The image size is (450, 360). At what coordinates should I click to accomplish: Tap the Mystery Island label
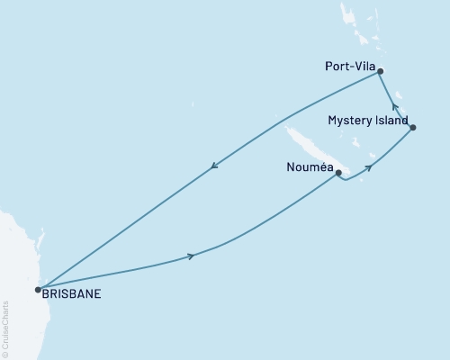(x=367, y=120)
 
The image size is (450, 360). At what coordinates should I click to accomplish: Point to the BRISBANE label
(x=71, y=292)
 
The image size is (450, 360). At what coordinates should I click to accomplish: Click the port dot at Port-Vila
(x=381, y=71)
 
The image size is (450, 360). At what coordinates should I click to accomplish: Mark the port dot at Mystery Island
(x=413, y=128)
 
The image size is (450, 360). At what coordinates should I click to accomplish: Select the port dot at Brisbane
(x=37, y=290)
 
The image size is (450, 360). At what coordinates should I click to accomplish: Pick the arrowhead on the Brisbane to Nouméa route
(x=191, y=256)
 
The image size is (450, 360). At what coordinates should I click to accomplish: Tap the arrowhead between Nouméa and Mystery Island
(x=368, y=168)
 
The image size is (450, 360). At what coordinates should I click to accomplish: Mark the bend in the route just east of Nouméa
(x=346, y=179)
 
